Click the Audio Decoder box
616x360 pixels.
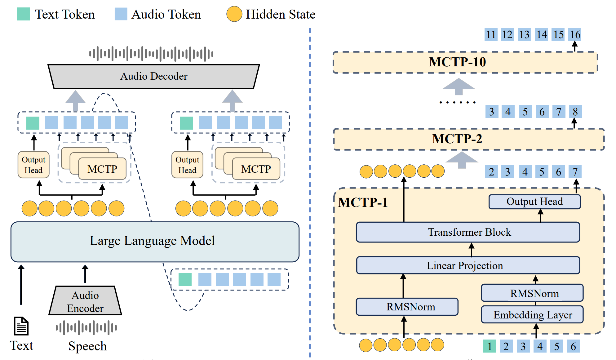tap(154, 76)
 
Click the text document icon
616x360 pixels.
tap(21, 326)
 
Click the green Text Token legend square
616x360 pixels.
tap(23, 14)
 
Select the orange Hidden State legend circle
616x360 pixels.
tap(234, 14)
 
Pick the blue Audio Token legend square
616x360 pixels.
tap(121, 14)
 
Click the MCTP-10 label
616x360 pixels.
tap(457, 62)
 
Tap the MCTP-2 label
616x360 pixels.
tap(457, 139)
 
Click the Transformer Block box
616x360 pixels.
tap(468, 232)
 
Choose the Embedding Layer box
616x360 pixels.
tap(532, 315)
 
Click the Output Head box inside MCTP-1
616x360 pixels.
tap(534, 202)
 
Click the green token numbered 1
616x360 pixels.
tap(490, 346)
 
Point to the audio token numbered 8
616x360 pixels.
tap(575, 112)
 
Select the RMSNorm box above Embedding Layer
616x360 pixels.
tap(532, 293)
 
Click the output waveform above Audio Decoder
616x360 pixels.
tap(151, 54)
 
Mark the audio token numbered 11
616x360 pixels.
tap(491, 34)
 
